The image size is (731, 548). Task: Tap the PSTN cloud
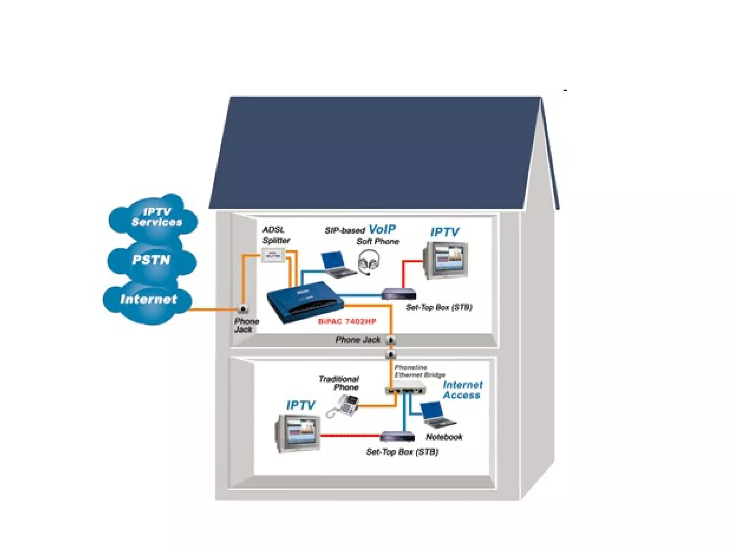(x=152, y=260)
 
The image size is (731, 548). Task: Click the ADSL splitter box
(x=273, y=255)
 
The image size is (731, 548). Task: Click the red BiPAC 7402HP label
(x=347, y=321)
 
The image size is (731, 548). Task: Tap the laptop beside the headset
(x=337, y=264)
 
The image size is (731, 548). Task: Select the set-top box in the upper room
(x=399, y=295)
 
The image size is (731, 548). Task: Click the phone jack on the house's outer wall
(x=243, y=309)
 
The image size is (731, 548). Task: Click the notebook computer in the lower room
(x=437, y=415)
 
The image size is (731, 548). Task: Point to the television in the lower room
(x=297, y=433)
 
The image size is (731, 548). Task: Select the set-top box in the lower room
(x=397, y=437)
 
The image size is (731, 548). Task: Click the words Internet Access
(x=462, y=390)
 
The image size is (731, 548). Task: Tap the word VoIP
(x=382, y=229)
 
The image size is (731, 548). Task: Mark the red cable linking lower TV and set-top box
(x=350, y=436)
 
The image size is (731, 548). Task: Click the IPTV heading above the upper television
(x=444, y=232)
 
